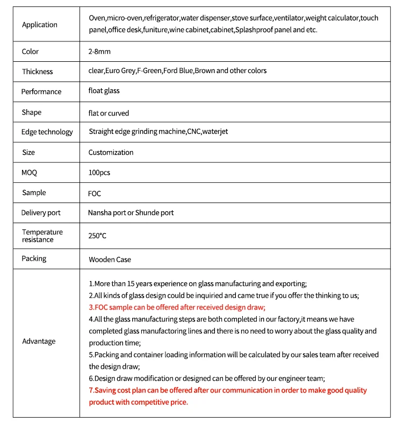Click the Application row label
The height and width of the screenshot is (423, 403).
40,25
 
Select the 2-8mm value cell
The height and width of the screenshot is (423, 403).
99,51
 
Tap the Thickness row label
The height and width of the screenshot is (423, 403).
38,71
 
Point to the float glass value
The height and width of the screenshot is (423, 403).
104,91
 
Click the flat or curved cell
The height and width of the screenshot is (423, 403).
109,113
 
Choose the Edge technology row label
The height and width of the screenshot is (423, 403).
47,132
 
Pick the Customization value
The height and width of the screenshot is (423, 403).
111,153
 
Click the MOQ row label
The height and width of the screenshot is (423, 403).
30,173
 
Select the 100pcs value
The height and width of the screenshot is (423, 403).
99,173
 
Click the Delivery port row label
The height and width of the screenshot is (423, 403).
41,213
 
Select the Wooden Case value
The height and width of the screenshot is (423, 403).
110,260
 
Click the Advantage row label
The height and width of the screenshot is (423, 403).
39,341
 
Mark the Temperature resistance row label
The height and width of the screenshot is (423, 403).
42,235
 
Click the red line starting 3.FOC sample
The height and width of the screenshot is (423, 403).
177,307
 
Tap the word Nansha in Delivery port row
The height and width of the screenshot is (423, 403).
99,213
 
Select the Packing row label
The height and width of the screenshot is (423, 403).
34,259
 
